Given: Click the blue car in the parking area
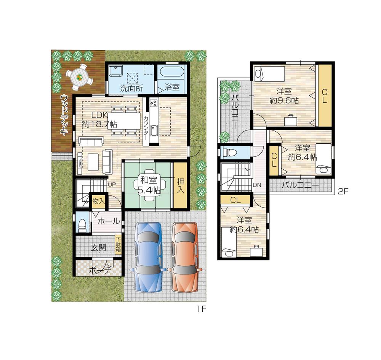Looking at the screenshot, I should (x=147, y=257).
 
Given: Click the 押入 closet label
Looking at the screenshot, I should (x=181, y=185).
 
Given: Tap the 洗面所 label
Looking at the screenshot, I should (x=131, y=88).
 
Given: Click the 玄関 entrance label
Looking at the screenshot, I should (x=98, y=247).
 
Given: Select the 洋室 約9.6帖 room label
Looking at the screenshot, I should (x=284, y=96).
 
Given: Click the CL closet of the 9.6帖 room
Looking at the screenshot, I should (x=324, y=96).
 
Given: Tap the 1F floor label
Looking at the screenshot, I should (x=201, y=309).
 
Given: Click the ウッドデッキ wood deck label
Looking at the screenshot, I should (x=64, y=115).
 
